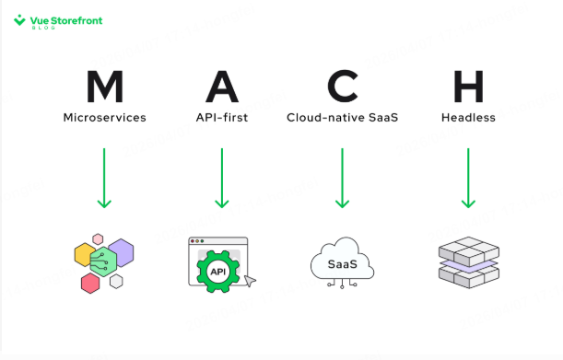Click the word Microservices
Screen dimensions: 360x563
pyautogui.click(x=104, y=118)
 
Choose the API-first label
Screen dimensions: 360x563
pyautogui.click(x=222, y=118)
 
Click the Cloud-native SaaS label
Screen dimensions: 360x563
pyautogui.click(x=342, y=118)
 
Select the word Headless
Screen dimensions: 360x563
pyautogui.click(x=468, y=118)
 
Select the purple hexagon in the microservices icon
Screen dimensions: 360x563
pyautogui.click(x=123, y=250)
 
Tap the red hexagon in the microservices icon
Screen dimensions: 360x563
pyautogui.click(x=90, y=284)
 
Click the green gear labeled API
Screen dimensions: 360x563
pyautogui.click(x=218, y=272)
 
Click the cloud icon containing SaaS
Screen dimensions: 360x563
pyautogui.click(x=342, y=262)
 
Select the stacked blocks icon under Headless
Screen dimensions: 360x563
pyautogui.click(x=468, y=262)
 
